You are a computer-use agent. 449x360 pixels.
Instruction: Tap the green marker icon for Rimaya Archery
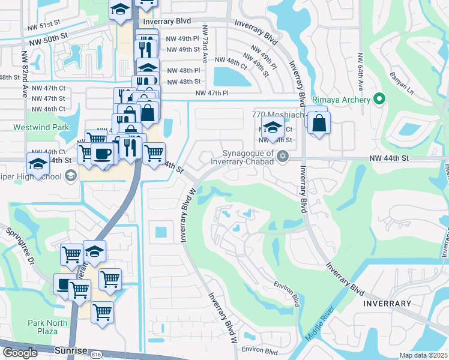[x=379, y=99]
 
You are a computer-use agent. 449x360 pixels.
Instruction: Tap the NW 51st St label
[x=45, y=27]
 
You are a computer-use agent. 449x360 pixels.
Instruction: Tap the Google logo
[x=20, y=353]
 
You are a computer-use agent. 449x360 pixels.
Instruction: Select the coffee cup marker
[x=102, y=154]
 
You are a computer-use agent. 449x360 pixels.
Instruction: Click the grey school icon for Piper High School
[x=70, y=176]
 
